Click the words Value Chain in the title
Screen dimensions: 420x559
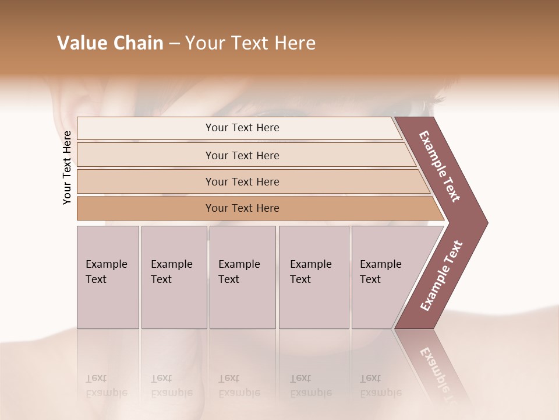click(x=110, y=43)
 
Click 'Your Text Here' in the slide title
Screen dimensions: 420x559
click(x=250, y=43)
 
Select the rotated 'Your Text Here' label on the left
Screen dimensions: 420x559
click(x=67, y=167)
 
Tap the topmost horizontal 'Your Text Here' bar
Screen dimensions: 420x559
click(x=242, y=128)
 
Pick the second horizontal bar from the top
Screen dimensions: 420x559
click(x=242, y=155)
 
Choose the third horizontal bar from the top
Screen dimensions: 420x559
click(x=242, y=181)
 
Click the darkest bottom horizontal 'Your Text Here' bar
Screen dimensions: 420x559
click(x=242, y=208)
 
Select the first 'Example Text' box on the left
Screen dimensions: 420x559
click(x=108, y=276)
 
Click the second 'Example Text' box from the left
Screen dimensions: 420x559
click(x=174, y=276)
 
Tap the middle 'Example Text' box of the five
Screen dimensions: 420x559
click(x=242, y=276)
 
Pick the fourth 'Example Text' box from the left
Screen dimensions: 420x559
click(x=313, y=276)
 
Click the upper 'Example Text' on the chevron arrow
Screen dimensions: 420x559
click(x=440, y=166)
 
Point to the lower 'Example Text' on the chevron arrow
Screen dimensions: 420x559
click(x=441, y=275)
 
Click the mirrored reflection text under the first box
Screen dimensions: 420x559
click(x=106, y=385)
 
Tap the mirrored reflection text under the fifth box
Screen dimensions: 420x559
click(x=380, y=385)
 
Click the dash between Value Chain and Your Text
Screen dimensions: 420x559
click(x=174, y=44)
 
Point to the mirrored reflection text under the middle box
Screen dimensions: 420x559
click(x=239, y=385)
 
